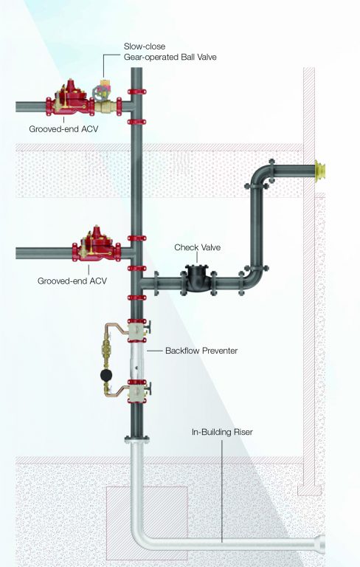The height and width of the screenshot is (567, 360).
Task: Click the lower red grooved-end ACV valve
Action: point(94,248)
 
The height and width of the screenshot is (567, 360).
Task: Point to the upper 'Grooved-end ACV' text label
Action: point(63,128)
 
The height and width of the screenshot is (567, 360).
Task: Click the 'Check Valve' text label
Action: point(196,247)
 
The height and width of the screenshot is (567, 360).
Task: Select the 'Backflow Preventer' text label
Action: point(201,351)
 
